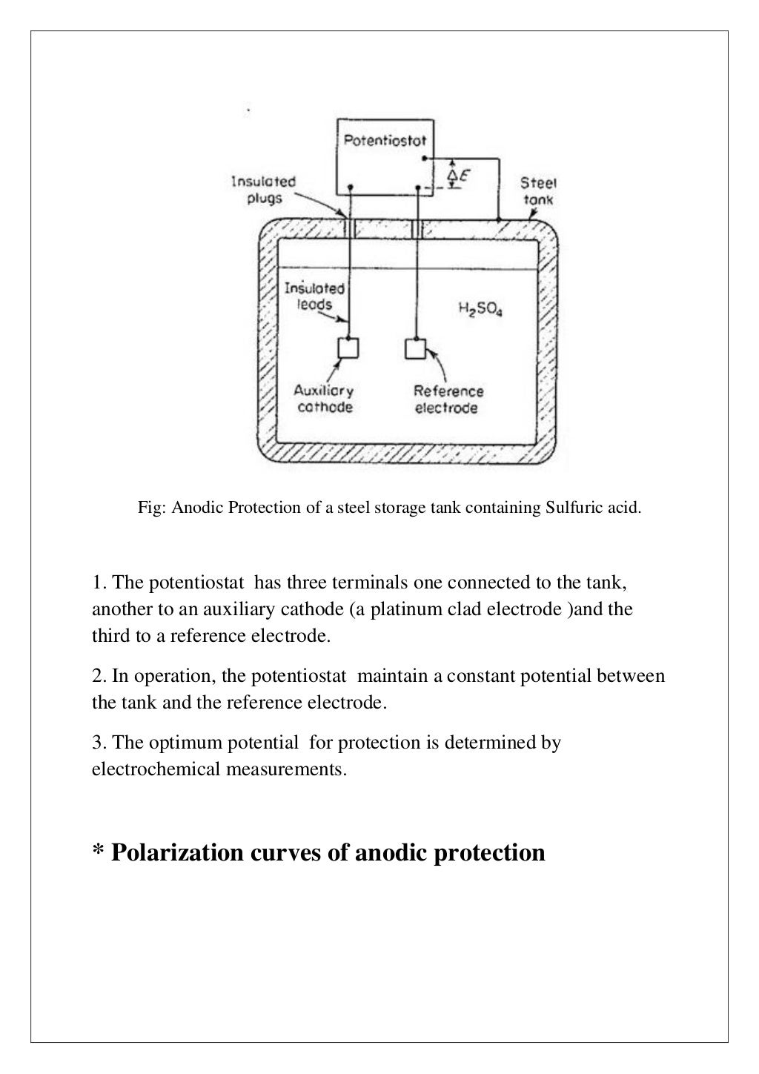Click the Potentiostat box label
pyautogui.click(x=384, y=139)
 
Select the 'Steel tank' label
pyautogui.click(x=537, y=190)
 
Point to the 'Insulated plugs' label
pyautogui.click(x=264, y=190)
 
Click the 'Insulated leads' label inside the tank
pyautogui.click(x=315, y=296)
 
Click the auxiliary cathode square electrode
pyautogui.click(x=348, y=348)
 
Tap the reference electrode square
pyautogui.click(x=415, y=348)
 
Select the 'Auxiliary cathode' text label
pyautogui.click(x=323, y=399)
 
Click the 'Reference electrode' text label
pyautogui.click(x=448, y=400)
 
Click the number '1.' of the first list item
pyautogui.click(x=99, y=583)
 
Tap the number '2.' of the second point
pyautogui.click(x=99, y=676)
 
